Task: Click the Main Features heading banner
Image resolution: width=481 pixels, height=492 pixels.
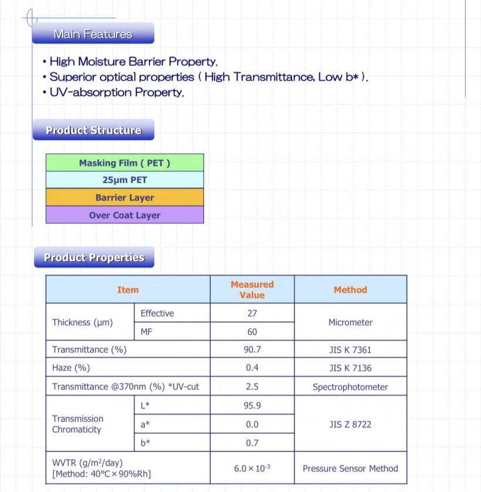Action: click(x=93, y=34)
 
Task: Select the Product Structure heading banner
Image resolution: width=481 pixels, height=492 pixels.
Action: click(x=93, y=130)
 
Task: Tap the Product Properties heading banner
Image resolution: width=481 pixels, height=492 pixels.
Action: click(x=93, y=257)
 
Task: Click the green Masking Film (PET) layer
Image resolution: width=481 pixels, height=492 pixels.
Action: click(x=124, y=163)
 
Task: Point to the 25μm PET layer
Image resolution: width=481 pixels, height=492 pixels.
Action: click(x=124, y=180)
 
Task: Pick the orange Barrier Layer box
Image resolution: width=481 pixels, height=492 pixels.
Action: click(x=124, y=198)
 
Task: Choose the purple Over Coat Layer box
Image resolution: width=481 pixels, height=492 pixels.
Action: click(x=124, y=215)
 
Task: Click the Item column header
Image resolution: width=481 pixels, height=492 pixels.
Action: click(x=128, y=289)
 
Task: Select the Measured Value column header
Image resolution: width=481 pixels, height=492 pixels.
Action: click(x=252, y=289)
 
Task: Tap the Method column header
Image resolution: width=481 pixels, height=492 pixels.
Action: click(x=350, y=289)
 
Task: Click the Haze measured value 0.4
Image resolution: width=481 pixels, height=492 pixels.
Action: click(x=252, y=368)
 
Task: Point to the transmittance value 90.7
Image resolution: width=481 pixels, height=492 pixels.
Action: click(x=252, y=350)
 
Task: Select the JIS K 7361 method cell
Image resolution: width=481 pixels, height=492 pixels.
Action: click(x=350, y=350)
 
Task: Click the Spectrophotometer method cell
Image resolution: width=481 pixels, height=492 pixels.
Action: click(x=350, y=387)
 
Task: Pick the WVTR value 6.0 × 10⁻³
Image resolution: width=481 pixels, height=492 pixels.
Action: click(x=252, y=469)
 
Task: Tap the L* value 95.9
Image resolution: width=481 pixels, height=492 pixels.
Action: click(x=252, y=406)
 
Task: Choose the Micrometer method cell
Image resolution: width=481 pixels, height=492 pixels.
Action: click(x=350, y=322)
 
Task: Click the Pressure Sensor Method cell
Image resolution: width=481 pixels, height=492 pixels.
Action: click(x=350, y=469)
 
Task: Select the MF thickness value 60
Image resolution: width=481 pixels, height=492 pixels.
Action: click(x=252, y=332)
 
